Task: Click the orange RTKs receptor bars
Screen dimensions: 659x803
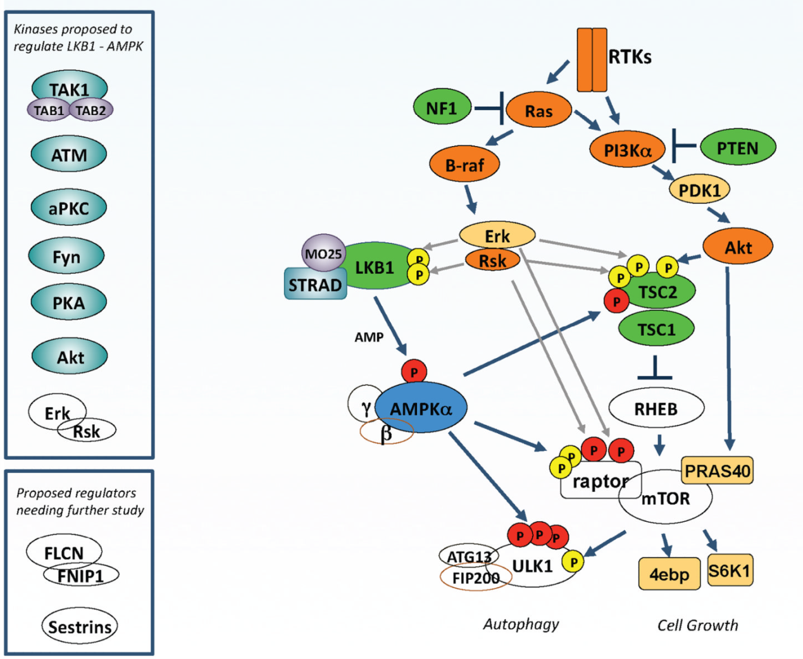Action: (592, 60)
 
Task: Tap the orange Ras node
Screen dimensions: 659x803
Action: (538, 111)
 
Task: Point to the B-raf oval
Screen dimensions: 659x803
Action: (464, 164)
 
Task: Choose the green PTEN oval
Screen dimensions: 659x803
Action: (737, 148)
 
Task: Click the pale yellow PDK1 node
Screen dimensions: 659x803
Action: (699, 189)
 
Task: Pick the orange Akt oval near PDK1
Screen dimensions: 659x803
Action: (738, 247)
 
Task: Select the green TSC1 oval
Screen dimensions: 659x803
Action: (656, 329)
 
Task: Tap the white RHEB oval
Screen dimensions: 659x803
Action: (656, 409)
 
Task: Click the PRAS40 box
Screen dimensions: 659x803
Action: (718, 471)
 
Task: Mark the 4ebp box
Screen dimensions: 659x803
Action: (669, 574)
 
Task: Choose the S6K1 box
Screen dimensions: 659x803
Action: (730, 570)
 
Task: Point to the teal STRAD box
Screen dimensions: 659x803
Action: (314, 285)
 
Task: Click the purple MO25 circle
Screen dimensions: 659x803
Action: (323, 254)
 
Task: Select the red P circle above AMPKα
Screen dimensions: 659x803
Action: (414, 372)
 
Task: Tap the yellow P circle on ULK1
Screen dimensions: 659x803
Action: (573, 562)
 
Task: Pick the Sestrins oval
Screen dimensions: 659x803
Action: (80, 627)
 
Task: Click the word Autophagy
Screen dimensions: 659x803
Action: (521, 624)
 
